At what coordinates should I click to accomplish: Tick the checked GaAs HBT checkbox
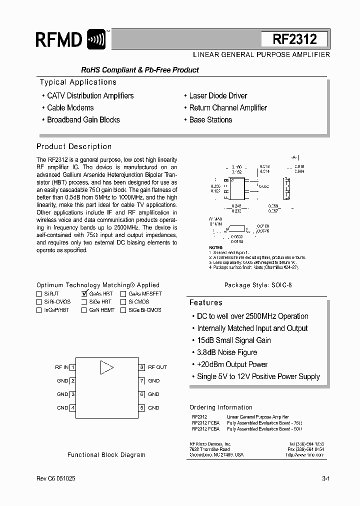[x=84, y=294]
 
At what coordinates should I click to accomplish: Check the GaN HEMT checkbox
[x=84, y=310]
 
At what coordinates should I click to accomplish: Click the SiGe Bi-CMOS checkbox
[x=123, y=310]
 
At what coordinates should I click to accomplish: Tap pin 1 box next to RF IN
[x=73, y=367]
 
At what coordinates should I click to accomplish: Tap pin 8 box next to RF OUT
[x=142, y=367]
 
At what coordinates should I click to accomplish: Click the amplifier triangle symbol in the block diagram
[x=106, y=367]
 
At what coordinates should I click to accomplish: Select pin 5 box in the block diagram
[x=142, y=407]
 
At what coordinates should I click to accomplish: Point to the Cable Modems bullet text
[x=70, y=108]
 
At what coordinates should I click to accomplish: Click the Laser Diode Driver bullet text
[x=218, y=96]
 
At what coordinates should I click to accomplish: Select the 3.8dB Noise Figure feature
[x=227, y=352]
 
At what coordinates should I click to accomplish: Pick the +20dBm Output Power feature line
[x=232, y=364]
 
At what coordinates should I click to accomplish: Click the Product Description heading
[x=74, y=146]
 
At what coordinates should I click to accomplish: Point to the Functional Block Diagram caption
[x=106, y=455]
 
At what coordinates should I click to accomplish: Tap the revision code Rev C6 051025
[x=56, y=478]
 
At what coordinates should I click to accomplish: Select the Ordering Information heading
[x=221, y=407]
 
